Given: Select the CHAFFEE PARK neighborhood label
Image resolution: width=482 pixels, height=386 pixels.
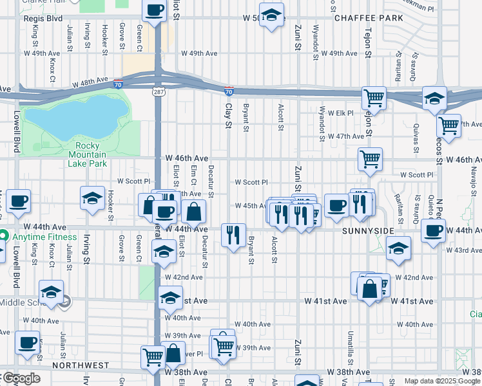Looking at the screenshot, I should pyautogui.click(x=367, y=18).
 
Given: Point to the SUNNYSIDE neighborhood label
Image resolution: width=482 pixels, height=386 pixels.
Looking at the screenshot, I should pyautogui.click(x=368, y=230).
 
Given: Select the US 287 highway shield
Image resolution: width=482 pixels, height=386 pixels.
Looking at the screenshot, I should pyautogui.click(x=157, y=93).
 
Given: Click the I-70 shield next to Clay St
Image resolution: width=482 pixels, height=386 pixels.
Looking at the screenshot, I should pyautogui.click(x=229, y=92).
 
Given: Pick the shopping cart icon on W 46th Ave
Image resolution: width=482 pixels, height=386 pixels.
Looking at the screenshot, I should pyautogui.click(x=370, y=159).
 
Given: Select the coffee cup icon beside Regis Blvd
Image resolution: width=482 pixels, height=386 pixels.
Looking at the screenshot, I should pyautogui.click(x=155, y=11).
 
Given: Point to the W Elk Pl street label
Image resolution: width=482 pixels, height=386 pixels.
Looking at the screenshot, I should pyautogui.click(x=342, y=113).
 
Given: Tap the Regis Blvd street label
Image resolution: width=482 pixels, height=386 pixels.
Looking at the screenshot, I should pyautogui.click(x=46, y=19).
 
